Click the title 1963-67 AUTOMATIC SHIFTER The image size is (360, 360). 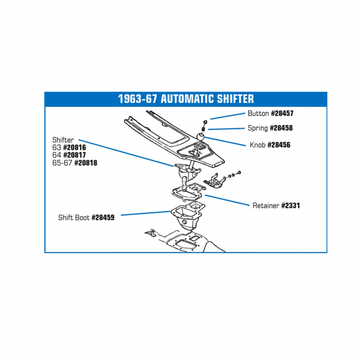click(x=186, y=99)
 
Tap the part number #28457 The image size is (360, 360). click(x=282, y=113)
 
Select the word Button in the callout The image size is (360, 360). click(x=258, y=113)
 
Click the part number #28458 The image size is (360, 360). click(x=281, y=128)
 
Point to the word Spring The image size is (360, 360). click(x=258, y=128)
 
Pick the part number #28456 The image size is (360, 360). click(x=279, y=145)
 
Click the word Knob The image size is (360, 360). click(x=258, y=145)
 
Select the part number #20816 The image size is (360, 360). click(x=75, y=147)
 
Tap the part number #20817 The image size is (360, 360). click(x=75, y=155)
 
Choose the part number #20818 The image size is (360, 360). click(x=86, y=163)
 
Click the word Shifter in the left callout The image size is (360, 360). click(x=63, y=140)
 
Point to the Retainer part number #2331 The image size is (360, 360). click(x=291, y=205)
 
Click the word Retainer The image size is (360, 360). click(x=266, y=205)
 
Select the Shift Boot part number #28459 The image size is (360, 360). click(x=103, y=218)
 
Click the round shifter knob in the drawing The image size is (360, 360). click(x=201, y=137)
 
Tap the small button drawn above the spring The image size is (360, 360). click(x=205, y=122)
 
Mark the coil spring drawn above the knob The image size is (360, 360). click(x=203, y=129)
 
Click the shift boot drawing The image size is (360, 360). click(x=186, y=217)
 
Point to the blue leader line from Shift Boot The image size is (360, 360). click(x=146, y=213)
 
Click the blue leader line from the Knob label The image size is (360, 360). click(x=225, y=141)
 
